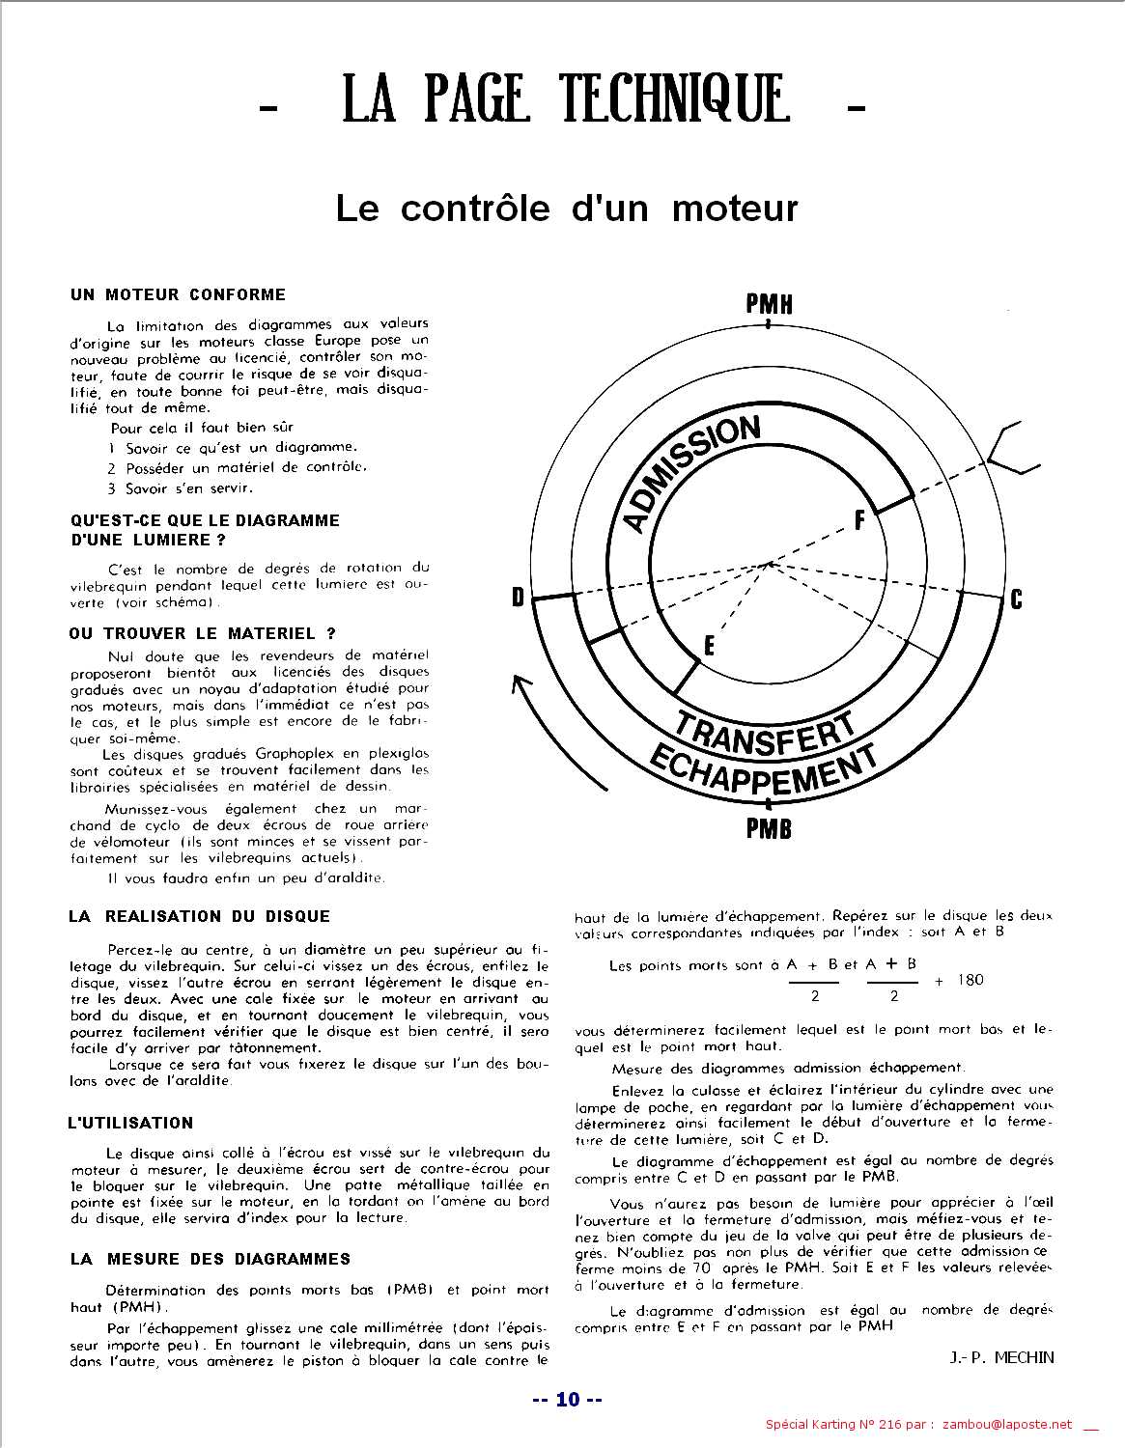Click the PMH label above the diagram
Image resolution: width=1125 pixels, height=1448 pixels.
[769, 304]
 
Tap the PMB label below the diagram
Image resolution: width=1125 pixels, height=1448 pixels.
[769, 827]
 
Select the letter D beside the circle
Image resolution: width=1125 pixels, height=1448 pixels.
[518, 599]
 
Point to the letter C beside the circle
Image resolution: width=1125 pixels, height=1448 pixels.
[1016, 599]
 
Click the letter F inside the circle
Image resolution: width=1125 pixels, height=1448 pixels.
[858, 521]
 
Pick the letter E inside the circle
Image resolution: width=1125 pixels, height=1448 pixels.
[710, 646]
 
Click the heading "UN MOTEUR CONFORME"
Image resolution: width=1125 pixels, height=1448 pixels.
[178, 294]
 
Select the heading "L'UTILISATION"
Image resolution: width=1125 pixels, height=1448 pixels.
[130, 1123]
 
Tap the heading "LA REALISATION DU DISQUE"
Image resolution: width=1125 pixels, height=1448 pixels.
[199, 916]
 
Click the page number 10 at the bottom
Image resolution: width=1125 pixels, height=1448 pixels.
[568, 1399]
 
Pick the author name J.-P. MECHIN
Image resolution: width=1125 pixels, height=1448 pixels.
[1001, 1357]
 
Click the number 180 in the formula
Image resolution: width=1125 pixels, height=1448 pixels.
[970, 980]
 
